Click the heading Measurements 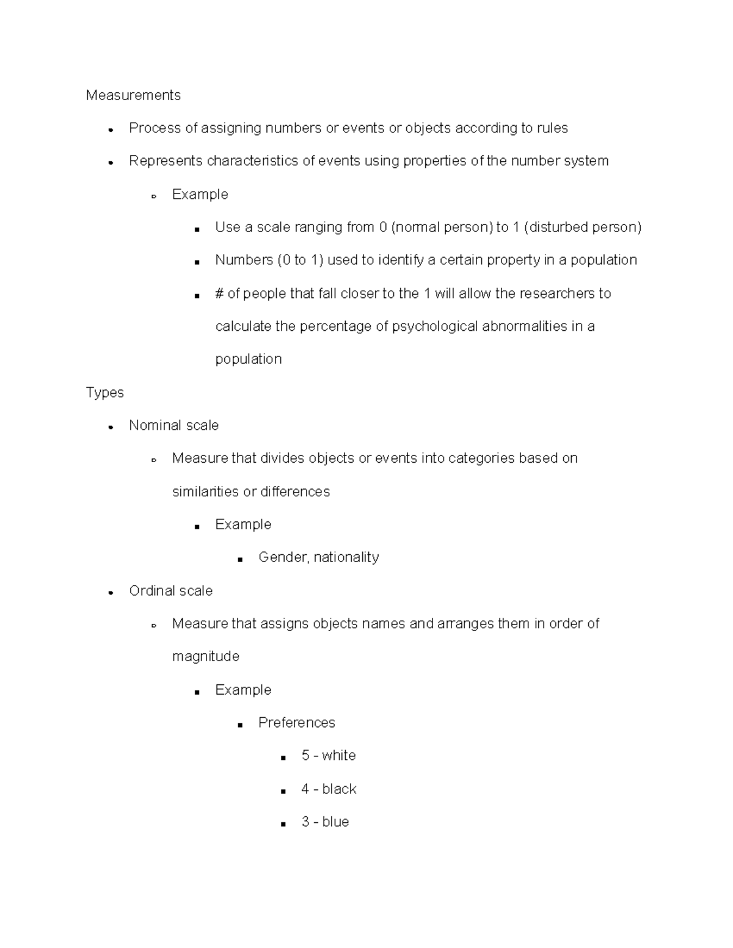(x=133, y=95)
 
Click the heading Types (x=104, y=393)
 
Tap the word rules (x=552, y=128)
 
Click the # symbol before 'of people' (x=219, y=294)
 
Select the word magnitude (x=206, y=657)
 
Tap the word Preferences (x=297, y=723)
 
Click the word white (x=339, y=756)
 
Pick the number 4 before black (x=305, y=789)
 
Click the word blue (x=336, y=822)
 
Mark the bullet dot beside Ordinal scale (x=111, y=592)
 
